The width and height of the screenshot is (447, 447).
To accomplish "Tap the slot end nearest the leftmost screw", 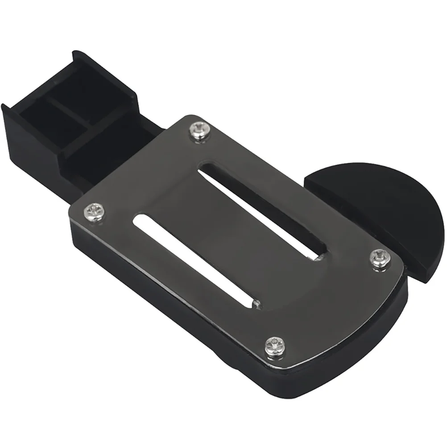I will click(x=140, y=219).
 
